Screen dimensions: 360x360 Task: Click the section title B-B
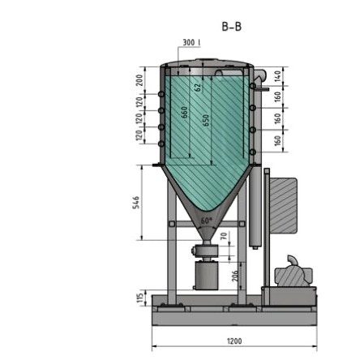click(232, 27)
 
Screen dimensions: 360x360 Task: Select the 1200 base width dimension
click(236, 341)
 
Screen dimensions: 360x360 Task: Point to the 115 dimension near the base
click(138, 298)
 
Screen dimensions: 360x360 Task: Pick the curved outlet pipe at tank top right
click(259, 78)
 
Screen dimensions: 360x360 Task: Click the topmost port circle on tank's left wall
click(165, 96)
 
